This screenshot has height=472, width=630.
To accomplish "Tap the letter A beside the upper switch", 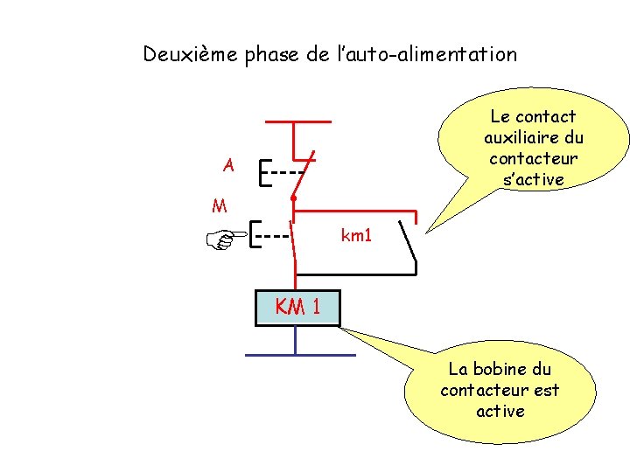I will (x=228, y=164).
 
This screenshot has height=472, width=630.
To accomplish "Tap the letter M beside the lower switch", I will (x=220, y=207).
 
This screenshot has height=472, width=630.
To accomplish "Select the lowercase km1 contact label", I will (x=356, y=235).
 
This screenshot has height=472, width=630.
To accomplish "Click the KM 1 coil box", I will (x=297, y=307).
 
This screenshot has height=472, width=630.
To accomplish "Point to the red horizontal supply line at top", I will (x=297, y=121).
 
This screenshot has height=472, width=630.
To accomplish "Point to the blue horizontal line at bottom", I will (x=299, y=355).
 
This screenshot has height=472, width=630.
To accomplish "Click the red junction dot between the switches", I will (x=293, y=200).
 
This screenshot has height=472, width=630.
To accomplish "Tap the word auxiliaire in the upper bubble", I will (x=533, y=137).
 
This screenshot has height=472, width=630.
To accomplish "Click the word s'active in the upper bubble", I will (x=534, y=179).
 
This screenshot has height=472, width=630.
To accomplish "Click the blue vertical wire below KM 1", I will (x=296, y=340).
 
